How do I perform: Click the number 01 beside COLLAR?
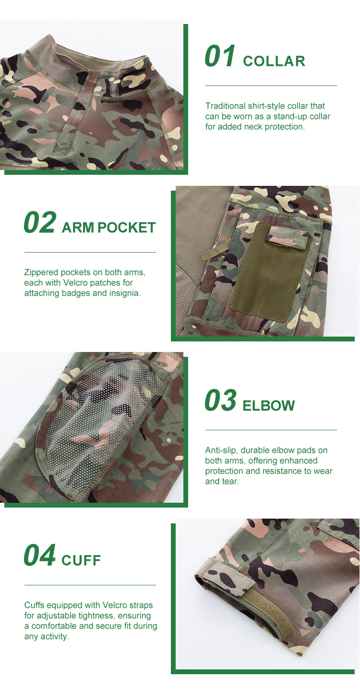(x=220, y=57)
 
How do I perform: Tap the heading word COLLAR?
(x=274, y=61)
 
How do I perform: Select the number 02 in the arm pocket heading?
(x=39, y=223)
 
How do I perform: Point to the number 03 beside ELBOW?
(x=220, y=401)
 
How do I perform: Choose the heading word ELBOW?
(x=269, y=406)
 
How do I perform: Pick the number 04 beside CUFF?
(x=39, y=556)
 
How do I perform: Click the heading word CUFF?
(x=81, y=560)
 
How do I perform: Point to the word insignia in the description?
(x=125, y=293)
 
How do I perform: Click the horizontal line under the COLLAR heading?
(x=271, y=86)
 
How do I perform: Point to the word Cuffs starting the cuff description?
(x=35, y=606)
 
